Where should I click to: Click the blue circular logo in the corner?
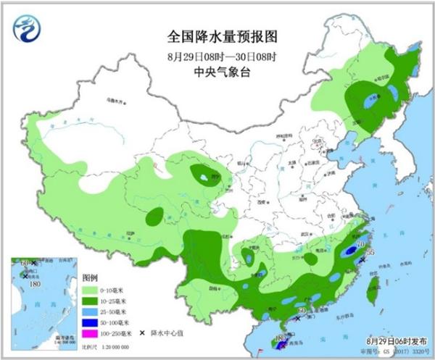click(27, 27)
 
